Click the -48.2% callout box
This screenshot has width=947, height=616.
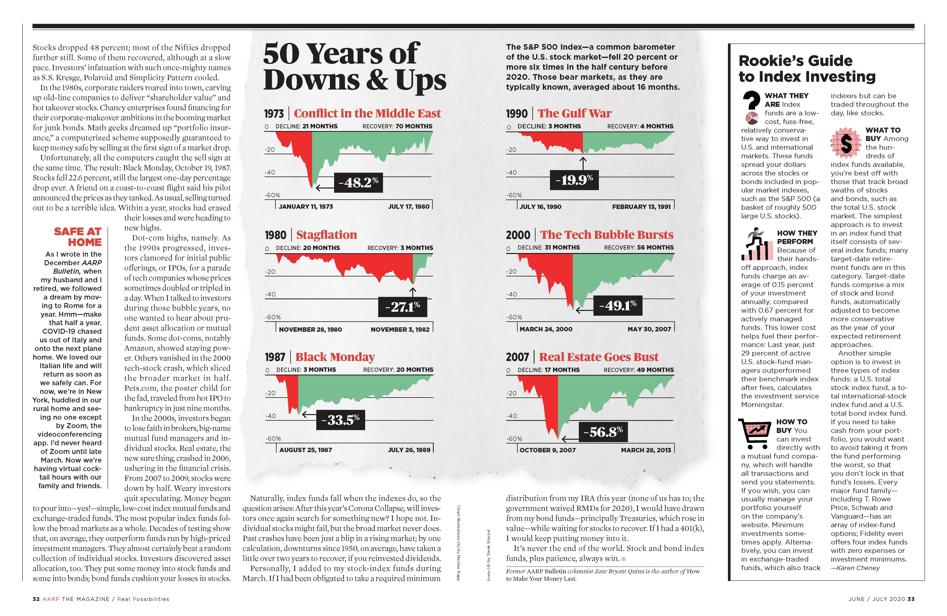[x=358, y=182]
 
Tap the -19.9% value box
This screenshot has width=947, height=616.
[x=574, y=180]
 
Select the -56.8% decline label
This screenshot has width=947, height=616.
[x=603, y=432]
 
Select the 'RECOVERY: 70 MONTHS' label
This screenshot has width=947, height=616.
[x=397, y=126]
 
